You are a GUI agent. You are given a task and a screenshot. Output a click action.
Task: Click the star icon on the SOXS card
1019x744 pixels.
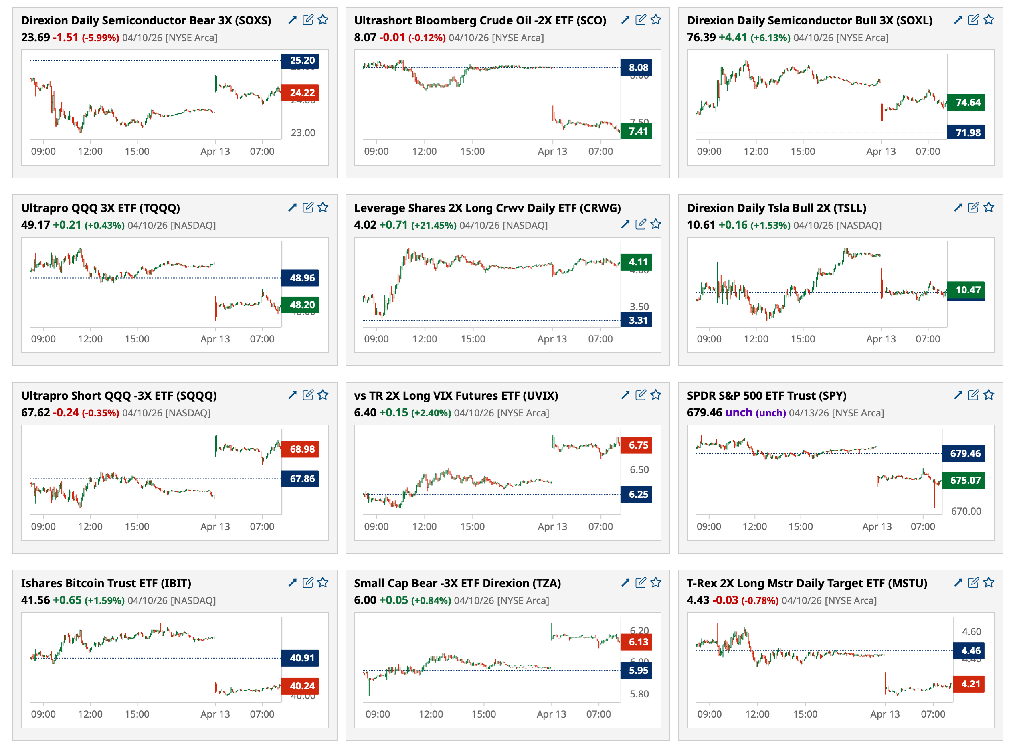[323, 20]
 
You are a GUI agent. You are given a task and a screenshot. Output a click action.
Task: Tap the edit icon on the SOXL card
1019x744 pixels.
[972, 20]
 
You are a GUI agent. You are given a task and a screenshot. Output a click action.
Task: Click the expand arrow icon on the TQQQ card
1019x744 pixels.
[292, 207]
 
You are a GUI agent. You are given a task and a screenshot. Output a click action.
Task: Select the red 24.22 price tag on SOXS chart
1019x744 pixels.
[300, 93]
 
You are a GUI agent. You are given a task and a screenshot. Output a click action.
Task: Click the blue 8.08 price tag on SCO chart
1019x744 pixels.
[636, 68]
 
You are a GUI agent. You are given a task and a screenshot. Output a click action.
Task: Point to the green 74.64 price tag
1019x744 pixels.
[965, 102]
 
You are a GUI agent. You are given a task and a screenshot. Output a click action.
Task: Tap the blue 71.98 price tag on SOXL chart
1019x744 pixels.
[965, 132]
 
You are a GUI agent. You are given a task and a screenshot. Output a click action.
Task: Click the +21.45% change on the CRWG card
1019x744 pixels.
[434, 225]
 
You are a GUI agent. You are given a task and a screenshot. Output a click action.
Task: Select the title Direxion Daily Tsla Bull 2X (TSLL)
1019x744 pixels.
[776, 208]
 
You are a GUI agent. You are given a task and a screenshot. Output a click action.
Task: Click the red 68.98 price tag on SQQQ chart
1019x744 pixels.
[300, 449]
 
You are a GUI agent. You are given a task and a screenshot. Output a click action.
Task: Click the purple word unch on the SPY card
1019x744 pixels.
[738, 412]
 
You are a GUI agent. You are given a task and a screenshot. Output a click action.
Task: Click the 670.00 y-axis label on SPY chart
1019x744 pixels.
[965, 511]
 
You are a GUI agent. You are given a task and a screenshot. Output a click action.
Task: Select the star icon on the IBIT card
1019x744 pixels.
[323, 582]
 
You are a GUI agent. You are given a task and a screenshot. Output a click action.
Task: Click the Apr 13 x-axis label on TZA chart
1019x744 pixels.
[551, 714]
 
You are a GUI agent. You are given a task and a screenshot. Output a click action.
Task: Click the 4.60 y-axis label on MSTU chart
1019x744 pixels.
[971, 631]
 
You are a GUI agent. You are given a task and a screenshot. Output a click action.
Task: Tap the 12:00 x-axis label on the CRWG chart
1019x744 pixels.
[424, 339]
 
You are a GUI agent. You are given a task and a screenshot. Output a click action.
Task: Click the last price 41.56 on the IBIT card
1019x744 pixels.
[35, 600]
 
